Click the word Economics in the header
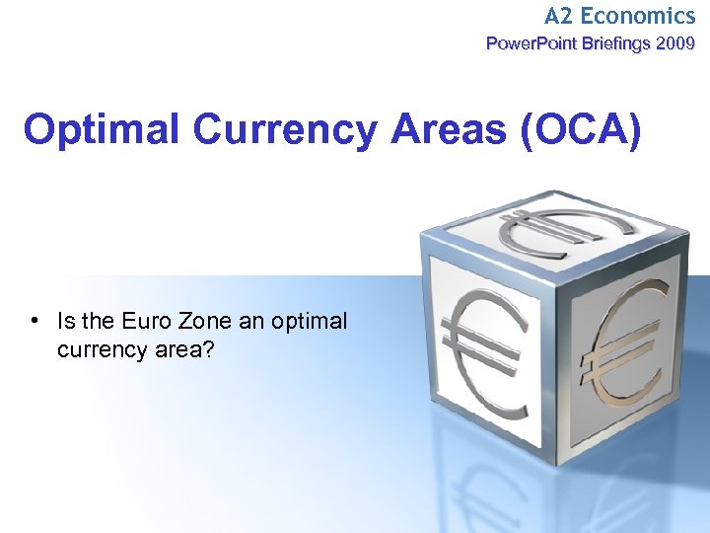[x=637, y=16]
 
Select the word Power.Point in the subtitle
[x=529, y=43]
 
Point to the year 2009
[x=674, y=43]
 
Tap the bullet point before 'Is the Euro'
[x=35, y=321]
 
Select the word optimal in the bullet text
[x=306, y=321]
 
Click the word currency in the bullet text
[x=101, y=348]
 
